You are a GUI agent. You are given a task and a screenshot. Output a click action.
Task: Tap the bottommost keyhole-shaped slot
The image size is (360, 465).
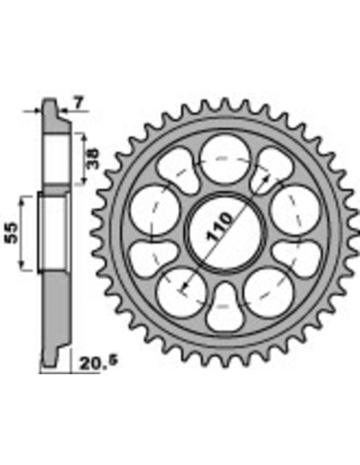tap(225, 310)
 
